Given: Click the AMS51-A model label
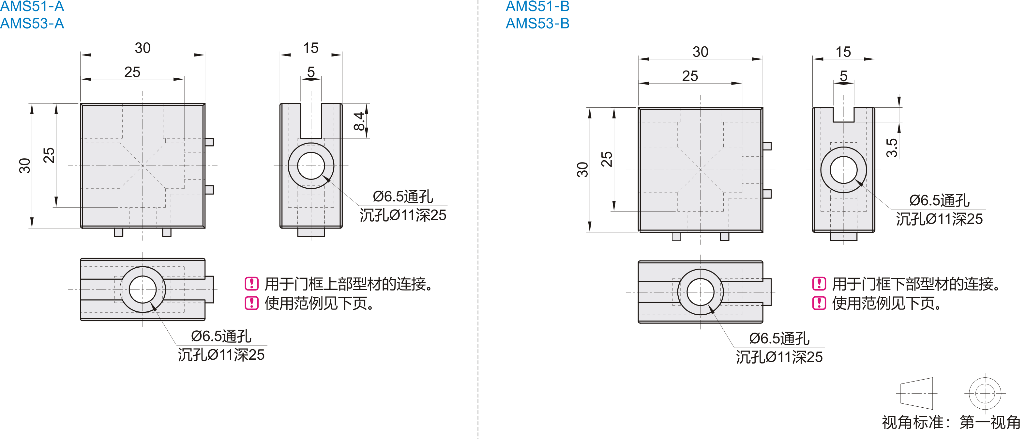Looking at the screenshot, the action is [x=32, y=6].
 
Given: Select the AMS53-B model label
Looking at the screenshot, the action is [x=538, y=24].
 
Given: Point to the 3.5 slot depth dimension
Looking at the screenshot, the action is [x=891, y=148].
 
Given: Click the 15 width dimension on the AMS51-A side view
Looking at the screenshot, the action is [x=311, y=48].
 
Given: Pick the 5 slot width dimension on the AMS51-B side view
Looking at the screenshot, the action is [x=843, y=76].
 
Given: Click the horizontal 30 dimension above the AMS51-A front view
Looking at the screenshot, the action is [x=143, y=48].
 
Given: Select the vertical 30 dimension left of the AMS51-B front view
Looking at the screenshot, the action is [x=582, y=169].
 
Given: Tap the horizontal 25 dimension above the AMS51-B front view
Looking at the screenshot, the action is [x=690, y=76].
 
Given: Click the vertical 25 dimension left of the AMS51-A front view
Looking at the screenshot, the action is [x=49, y=155].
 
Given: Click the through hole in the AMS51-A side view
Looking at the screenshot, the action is [x=311, y=166].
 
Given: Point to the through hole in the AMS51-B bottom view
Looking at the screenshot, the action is [x=700, y=292].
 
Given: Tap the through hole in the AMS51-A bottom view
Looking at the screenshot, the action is [x=143, y=290].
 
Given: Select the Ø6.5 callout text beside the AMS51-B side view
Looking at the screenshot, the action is [x=939, y=200].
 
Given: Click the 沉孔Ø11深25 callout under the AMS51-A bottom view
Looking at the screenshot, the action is [x=221, y=355].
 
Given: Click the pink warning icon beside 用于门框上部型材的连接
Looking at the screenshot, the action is [x=251, y=284].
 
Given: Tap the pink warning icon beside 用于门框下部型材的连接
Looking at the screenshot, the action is [x=819, y=284].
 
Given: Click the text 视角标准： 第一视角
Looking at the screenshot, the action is [x=951, y=422].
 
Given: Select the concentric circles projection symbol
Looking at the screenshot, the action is [x=985, y=394].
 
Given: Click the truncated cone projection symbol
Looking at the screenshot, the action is [x=916, y=394].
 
